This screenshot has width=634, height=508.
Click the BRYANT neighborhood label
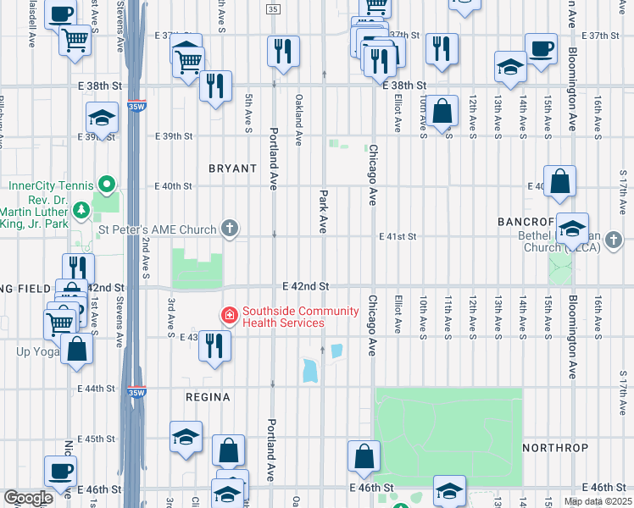click(232, 168)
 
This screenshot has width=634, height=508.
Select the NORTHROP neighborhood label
click(555, 446)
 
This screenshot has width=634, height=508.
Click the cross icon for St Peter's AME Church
click(229, 228)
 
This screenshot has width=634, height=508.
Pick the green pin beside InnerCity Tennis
click(106, 184)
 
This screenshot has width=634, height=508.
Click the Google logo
click(28, 498)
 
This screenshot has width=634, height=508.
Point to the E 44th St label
click(95, 389)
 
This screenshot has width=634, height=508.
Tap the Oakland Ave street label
click(298, 112)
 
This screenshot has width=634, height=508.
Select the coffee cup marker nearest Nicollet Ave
click(60, 471)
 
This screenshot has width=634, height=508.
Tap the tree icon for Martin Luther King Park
click(81, 209)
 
